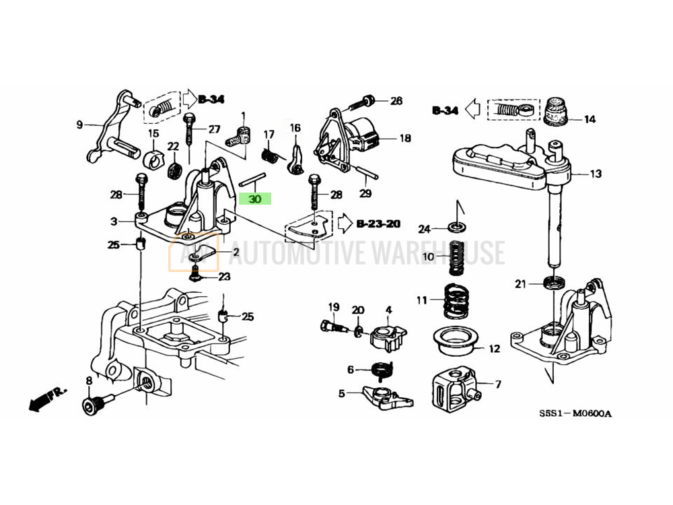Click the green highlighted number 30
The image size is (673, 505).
pos(255,199)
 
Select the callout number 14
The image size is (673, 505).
pos(590,119)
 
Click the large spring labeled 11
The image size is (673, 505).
pos(456,302)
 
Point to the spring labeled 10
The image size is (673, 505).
pos(456,258)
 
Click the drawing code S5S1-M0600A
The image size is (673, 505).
pos(576,413)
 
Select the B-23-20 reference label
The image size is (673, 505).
pos(378,224)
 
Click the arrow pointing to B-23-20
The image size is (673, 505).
pos(345,224)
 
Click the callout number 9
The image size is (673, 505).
pos(79,125)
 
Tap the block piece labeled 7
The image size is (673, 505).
pos(456,388)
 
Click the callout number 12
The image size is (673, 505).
pos(495,348)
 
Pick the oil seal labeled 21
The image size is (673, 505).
pos(554,283)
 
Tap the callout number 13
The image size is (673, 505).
pos(596,174)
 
